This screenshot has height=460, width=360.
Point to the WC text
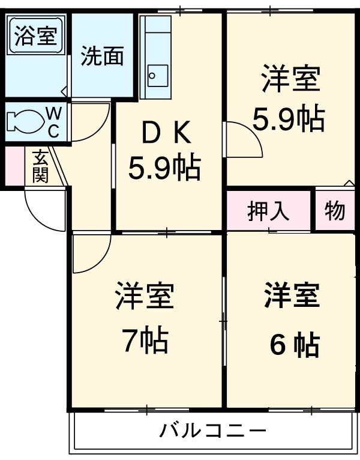click(x=53, y=122)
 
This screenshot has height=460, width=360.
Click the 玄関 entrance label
click(x=40, y=166)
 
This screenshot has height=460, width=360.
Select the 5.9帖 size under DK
click(x=163, y=169)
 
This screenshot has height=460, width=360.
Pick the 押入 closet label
click(x=269, y=211)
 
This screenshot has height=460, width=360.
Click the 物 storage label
click(x=335, y=211)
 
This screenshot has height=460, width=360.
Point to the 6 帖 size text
click(x=293, y=345)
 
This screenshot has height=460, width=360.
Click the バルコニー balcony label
click(x=212, y=431)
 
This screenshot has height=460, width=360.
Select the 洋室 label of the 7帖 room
click(x=145, y=296)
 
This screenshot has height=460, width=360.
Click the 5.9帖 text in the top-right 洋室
click(x=289, y=120)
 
